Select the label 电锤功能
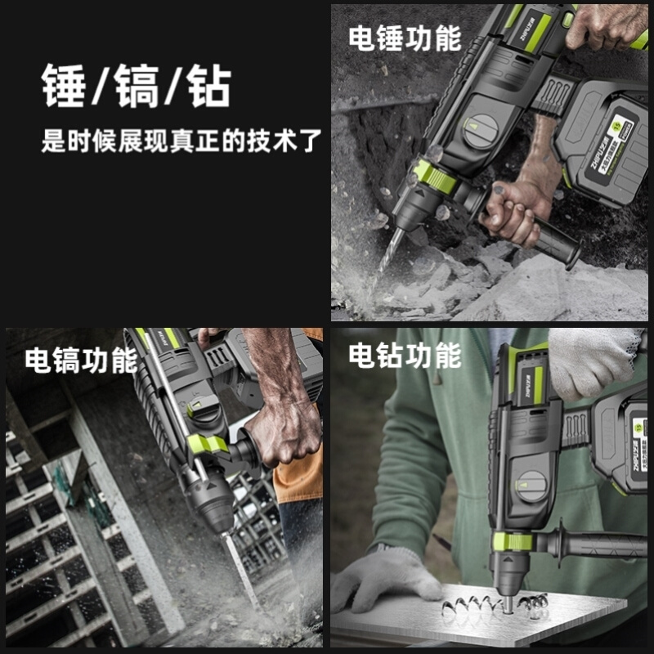405,38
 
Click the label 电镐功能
80,360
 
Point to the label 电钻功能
405,356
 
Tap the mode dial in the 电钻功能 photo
532,484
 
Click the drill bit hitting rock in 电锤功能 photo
390,250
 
